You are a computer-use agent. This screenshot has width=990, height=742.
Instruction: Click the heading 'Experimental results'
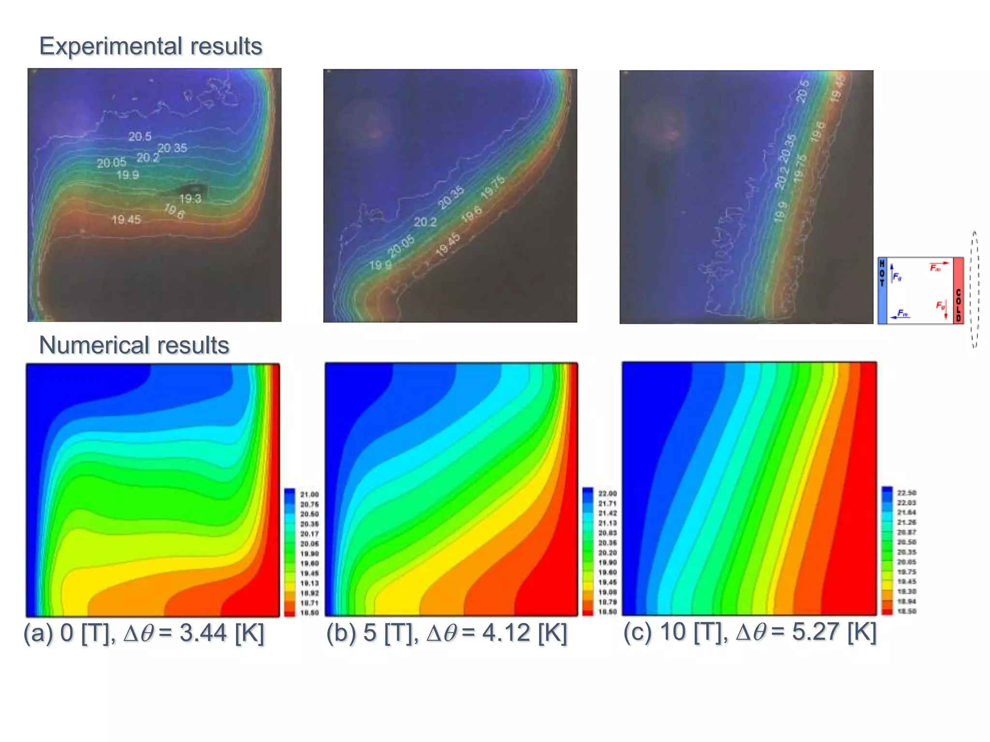click(150, 46)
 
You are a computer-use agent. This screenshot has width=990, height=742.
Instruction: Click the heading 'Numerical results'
click(134, 345)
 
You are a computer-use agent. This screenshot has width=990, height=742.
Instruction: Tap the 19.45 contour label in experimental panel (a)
click(126, 220)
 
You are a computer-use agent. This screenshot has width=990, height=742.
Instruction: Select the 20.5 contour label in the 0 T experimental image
click(140, 137)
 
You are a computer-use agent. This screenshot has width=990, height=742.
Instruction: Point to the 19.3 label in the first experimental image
click(190, 199)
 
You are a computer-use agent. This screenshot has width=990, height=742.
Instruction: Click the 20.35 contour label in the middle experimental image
click(451, 198)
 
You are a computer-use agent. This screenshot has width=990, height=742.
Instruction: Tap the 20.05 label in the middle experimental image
click(401, 246)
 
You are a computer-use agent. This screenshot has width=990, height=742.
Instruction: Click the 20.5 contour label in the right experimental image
click(802, 91)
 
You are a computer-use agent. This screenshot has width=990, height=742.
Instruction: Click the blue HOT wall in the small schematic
click(882, 290)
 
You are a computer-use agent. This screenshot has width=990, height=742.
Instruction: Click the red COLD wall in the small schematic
click(958, 290)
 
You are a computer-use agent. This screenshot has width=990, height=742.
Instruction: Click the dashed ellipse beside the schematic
click(975, 290)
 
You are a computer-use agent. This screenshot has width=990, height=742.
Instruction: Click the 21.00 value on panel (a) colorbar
click(309, 495)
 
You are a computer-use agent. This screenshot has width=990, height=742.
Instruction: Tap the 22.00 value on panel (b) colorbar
click(608, 494)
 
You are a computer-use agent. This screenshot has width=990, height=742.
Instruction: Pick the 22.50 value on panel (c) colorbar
click(907, 493)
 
